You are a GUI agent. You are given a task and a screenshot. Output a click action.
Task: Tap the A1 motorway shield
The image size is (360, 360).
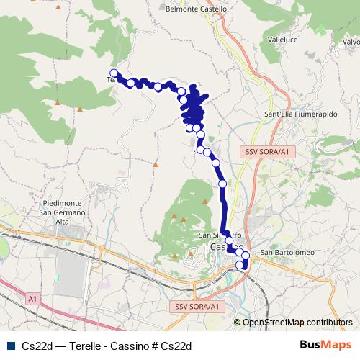[x=33, y=297]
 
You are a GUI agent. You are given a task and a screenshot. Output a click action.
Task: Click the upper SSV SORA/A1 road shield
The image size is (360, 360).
[x=269, y=152]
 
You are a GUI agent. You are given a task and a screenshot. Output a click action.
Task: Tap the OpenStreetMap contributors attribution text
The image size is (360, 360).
[x=297, y=323]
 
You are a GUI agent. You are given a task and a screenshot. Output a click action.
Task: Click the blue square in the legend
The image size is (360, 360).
[x=9, y=346]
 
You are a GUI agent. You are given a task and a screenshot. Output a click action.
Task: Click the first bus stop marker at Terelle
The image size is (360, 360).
[x=114, y=72]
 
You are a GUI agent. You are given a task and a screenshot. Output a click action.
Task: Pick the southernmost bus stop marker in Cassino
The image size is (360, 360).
[x=240, y=266]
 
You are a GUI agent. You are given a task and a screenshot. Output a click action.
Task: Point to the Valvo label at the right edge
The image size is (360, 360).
[x=351, y=42]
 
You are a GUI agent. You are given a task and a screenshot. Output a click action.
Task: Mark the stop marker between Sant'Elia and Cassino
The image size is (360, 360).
[x=222, y=184]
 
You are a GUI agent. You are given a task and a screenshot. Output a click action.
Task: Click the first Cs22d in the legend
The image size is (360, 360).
[x=35, y=346]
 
